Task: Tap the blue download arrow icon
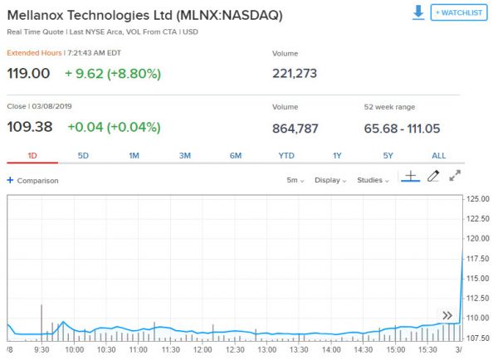(x=418, y=12)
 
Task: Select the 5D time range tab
(x=83, y=156)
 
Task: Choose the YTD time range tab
(x=286, y=156)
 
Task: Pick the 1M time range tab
(x=134, y=156)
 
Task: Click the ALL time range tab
(x=438, y=156)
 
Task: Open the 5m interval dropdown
(x=295, y=180)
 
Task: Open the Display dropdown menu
(x=331, y=180)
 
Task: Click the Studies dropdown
(x=373, y=180)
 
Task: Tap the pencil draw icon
(x=432, y=176)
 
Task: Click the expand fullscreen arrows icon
(x=455, y=176)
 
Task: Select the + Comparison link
(x=32, y=180)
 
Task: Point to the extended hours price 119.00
(x=28, y=73)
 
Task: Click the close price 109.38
(x=29, y=128)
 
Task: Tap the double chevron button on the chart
(x=447, y=315)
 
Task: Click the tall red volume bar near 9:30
(x=41, y=322)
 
